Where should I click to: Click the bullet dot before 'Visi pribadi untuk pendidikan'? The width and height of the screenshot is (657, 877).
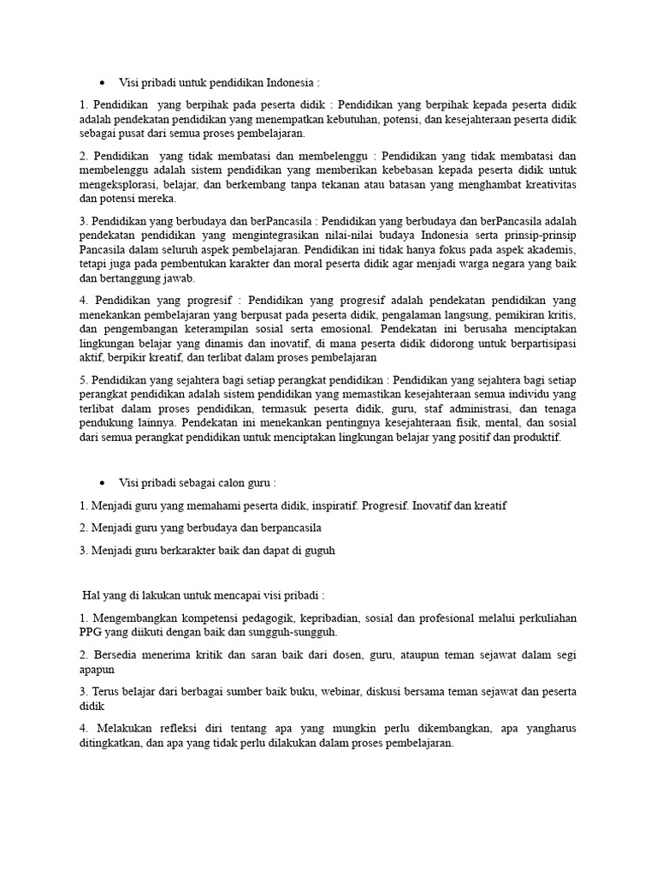[102, 83]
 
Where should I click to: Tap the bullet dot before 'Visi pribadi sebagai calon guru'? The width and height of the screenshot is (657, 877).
[102, 482]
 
